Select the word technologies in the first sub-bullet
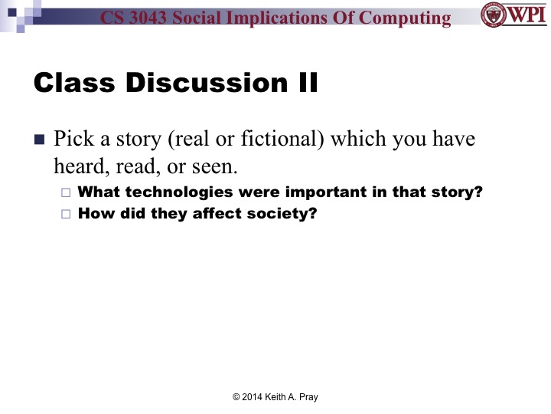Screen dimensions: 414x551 [175, 192]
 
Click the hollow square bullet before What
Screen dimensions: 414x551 [65, 193]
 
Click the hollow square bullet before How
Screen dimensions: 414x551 [65, 215]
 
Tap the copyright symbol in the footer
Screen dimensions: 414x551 [236, 396]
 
